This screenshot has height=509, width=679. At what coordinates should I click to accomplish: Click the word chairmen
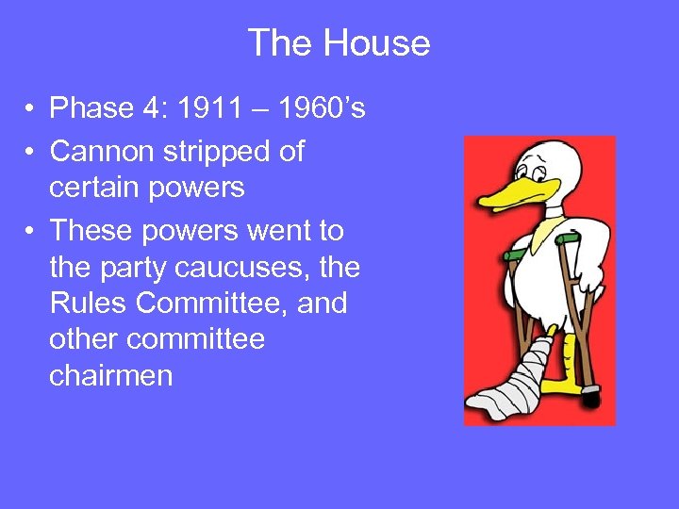coord(110,375)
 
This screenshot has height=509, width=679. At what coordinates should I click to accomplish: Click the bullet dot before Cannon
coord(32,151)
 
